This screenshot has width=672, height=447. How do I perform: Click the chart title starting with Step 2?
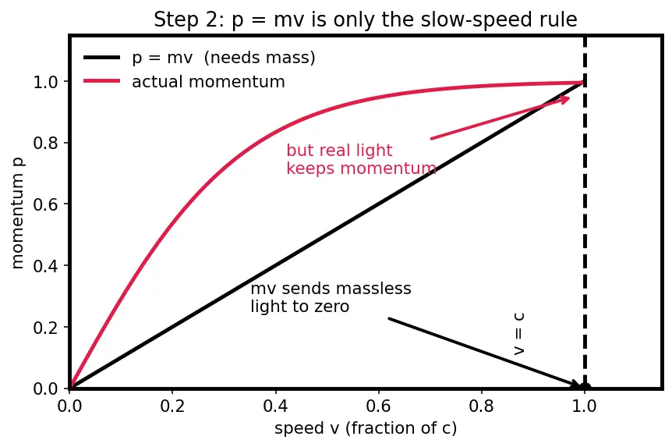366,20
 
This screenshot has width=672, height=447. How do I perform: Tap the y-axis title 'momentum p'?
18,213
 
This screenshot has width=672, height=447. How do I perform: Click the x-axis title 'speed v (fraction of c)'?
366,427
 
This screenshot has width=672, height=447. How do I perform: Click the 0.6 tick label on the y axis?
45,204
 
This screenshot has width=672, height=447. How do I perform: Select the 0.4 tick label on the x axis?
275,406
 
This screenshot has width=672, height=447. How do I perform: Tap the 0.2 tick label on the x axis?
172,406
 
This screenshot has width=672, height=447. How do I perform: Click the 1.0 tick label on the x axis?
585,406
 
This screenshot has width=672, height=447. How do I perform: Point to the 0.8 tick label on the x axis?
481,406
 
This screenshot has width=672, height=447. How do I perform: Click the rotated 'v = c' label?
518,334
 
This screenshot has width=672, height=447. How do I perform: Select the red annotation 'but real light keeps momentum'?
361,159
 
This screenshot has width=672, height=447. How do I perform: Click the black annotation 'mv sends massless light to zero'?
331,297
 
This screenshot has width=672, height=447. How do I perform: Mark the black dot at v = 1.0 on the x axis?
585,388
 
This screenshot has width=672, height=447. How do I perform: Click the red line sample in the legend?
102,81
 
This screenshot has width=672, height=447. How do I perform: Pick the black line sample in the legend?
102,57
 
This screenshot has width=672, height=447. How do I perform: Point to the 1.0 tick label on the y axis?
45,81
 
